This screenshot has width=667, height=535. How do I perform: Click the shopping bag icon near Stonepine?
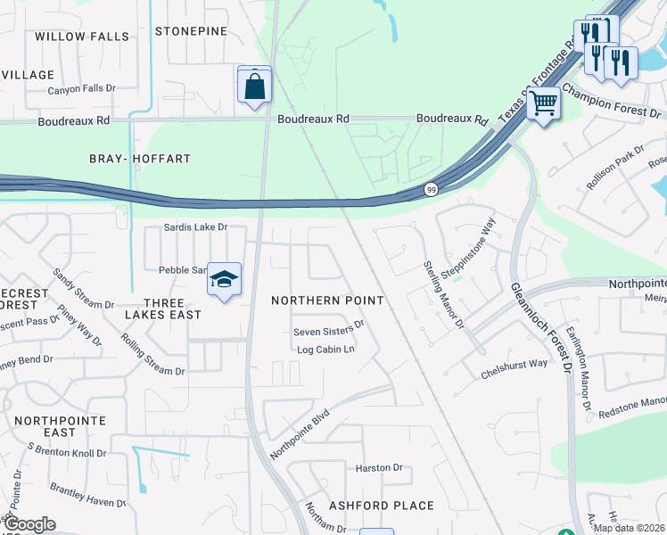click(x=255, y=86)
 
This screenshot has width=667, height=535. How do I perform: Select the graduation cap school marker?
click(x=224, y=280)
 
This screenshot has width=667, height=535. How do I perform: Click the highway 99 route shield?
click(x=431, y=189)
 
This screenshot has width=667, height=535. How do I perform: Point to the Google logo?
click(x=29, y=524)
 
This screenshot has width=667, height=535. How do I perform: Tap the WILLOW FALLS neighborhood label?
click(x=82, y=37)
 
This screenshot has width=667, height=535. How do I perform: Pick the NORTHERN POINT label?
click(x=327, y=300)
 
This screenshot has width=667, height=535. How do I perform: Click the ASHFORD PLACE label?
click(x=381, y=506)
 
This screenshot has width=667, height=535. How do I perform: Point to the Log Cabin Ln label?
click(x=325, y=350)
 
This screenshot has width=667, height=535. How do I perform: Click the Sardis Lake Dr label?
click(x=195, y=227)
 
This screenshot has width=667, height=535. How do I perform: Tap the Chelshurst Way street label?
click(x=514, y=364)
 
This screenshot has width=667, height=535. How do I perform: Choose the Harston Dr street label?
click(x=379, y=467)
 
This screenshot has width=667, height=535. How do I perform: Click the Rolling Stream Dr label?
click(x=152, y=355)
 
